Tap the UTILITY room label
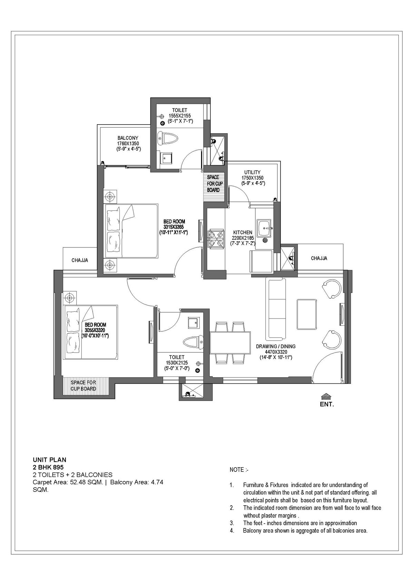click(x=252, y=172)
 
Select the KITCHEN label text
click(x=243, y=233)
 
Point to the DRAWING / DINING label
click(x=276, y=346)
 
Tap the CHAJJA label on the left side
click(x=80, y=260)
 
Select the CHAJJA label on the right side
click(x=319, y=258)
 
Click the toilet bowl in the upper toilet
click(x=167, y=139)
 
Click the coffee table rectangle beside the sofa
click(x=307, y=314)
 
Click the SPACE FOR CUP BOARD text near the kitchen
click(x=214, y=184)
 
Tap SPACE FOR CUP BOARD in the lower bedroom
click(x=83, y=385)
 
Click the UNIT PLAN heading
click(x=49, y=460)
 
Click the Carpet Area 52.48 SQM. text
click(x=68, y=482)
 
